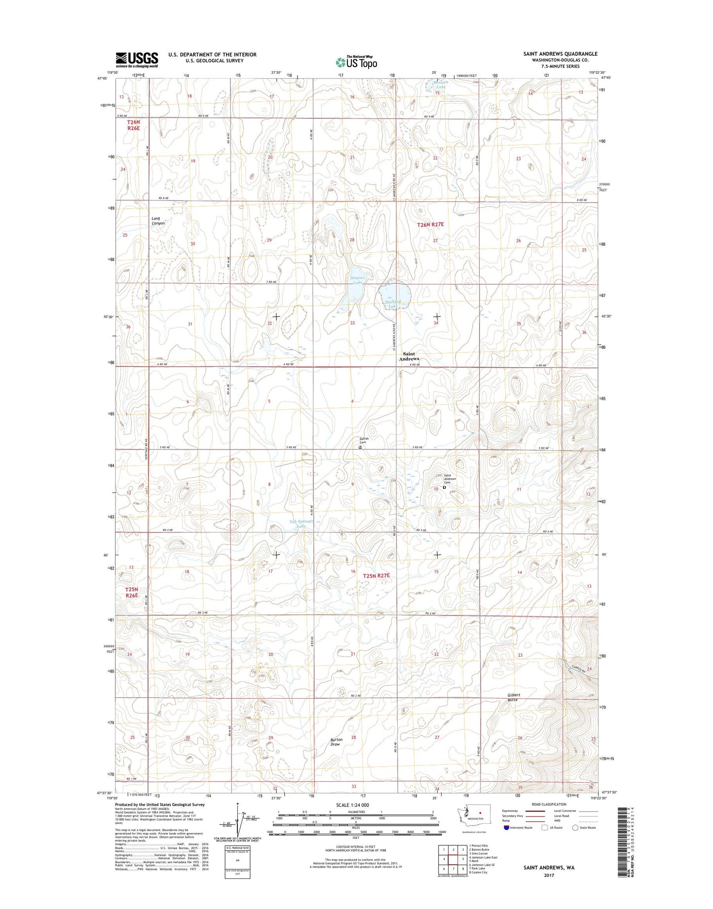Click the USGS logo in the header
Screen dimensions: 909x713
click(x=137, y=59)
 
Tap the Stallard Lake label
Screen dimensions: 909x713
click(x=392, y=304)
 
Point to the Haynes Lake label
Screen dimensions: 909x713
click(x=358, y=280)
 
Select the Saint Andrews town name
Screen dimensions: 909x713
click(x=409, y=356)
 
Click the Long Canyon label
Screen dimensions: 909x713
click(x=158, y=221)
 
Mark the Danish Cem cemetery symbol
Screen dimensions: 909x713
click(x=360, y=448)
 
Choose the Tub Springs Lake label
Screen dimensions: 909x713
click(x=301, y=524)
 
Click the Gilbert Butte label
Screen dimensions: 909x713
click(x=514, y=697)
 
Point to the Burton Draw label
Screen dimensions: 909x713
click(x=337, y=742)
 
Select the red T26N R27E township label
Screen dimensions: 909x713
click(x=431, y=225)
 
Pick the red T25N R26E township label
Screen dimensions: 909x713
click(x=131, y=592)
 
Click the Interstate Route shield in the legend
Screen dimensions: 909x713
click(x=506, y=841)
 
